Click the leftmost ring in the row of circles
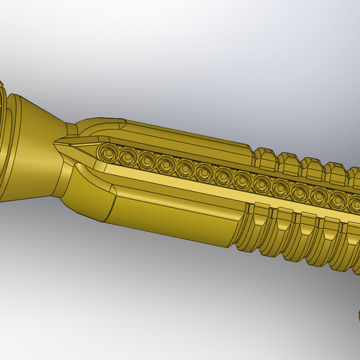[107, 152]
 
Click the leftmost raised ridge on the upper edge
[264, 157]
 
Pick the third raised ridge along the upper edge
[312, 169]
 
